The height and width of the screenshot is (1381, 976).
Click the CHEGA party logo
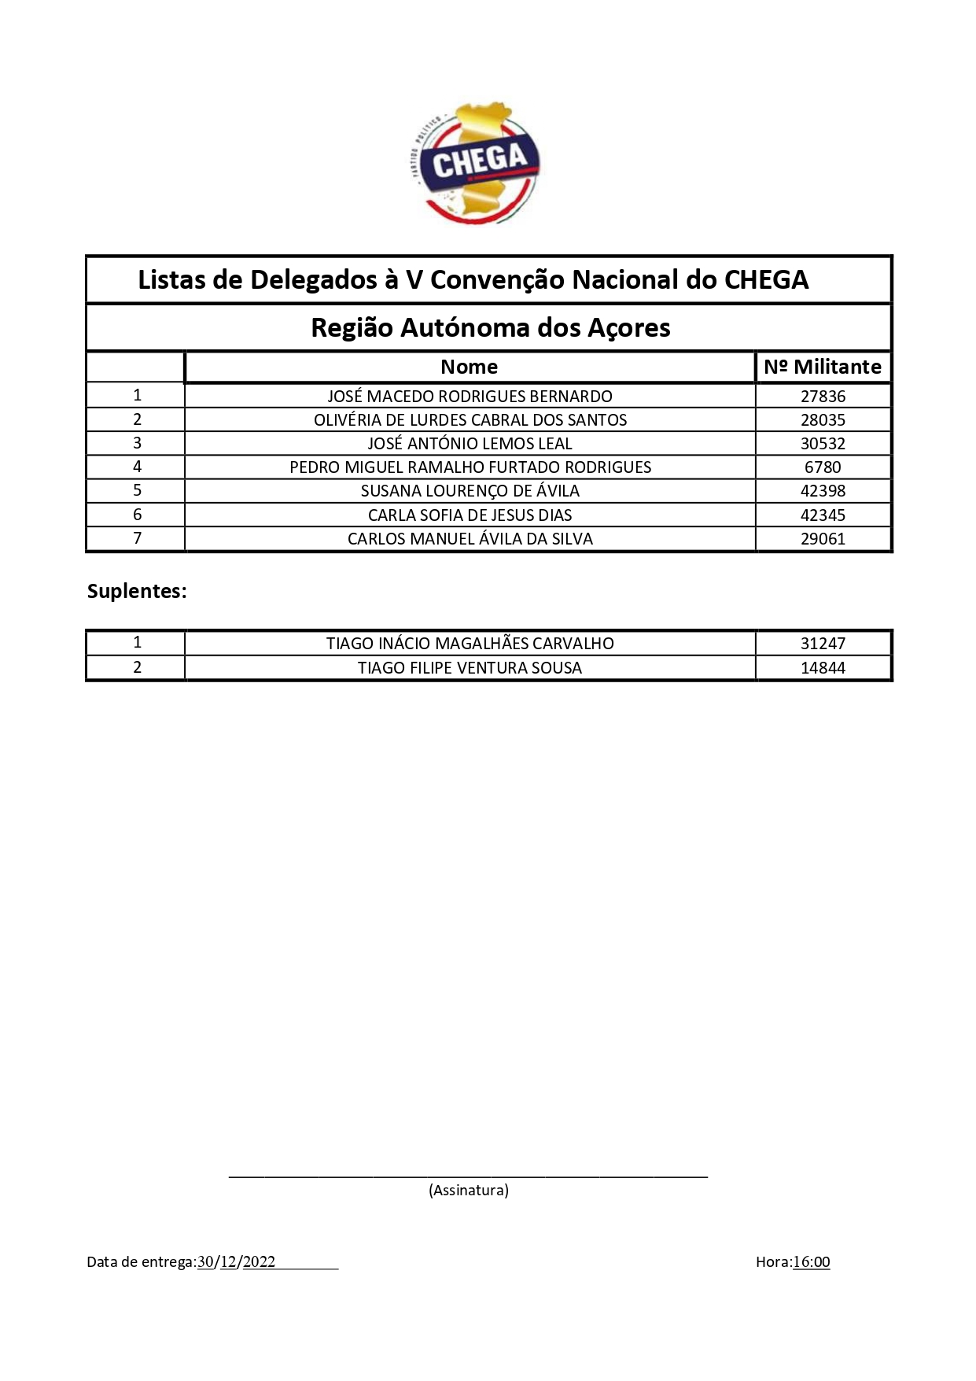(x=477, y=163)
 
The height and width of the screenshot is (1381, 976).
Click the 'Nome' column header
(x=469, y=367)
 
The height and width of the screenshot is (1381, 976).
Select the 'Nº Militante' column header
(x=823, y=367)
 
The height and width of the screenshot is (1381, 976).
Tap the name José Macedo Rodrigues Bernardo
(x=470, y=396)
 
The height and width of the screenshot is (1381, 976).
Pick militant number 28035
(x=823, y=419)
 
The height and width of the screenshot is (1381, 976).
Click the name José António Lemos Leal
(x=470, y=443)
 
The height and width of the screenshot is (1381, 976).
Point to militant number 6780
(x=823, y=467)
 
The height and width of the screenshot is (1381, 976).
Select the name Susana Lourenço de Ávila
(x=470, y=491)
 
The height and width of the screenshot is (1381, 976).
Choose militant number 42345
(x=823, y=515)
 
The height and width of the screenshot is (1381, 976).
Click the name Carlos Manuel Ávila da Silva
(x=470, y=539)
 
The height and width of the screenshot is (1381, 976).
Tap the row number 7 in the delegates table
(x=138, y=538)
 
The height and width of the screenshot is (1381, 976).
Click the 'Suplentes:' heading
(x=137, y=591)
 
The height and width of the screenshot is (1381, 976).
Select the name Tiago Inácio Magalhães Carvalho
(x=470, y=643)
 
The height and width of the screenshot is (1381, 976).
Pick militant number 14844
(x=823, y=667)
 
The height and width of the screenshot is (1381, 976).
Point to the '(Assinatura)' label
(x=469, y=1190)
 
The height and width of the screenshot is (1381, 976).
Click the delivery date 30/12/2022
(x=236, y=1261)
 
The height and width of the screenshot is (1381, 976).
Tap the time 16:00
(x=811, y=1261)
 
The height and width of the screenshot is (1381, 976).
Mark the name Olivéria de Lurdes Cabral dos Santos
(x=470, y=419)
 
